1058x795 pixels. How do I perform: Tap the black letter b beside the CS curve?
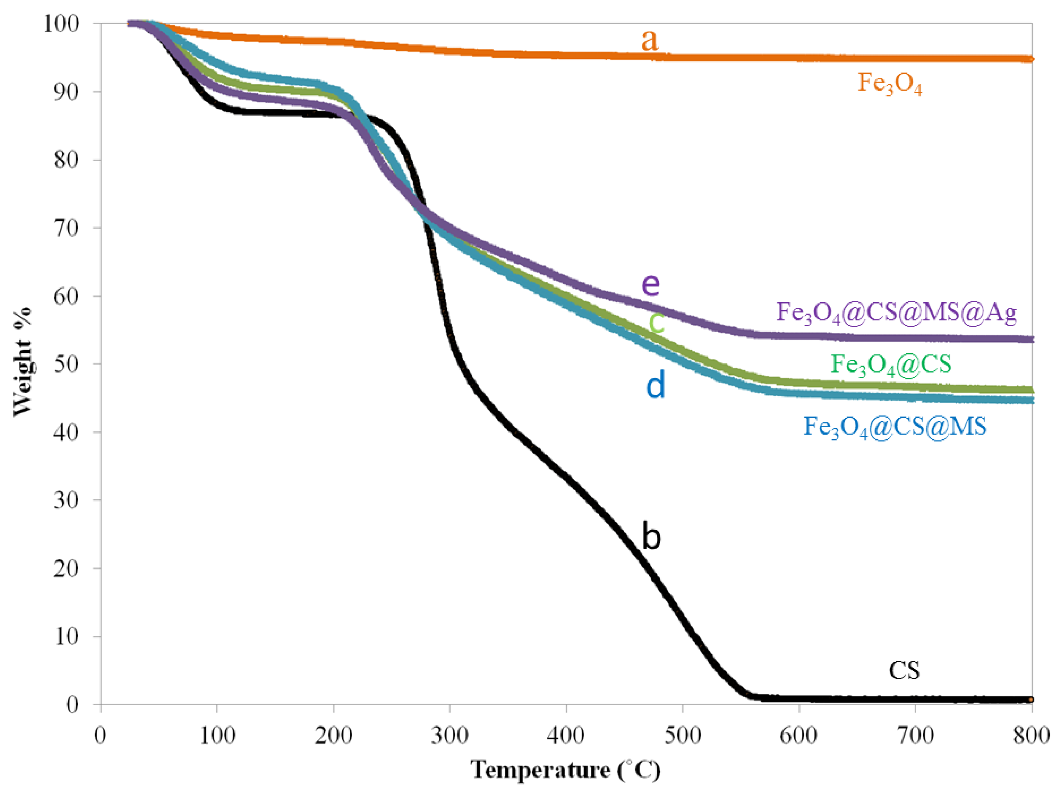tap(651, 536)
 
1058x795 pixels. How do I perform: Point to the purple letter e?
tap(650, 285)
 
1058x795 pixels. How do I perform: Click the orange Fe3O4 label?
tap(890, 84)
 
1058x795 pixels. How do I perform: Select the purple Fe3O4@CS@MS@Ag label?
tap(896, 313)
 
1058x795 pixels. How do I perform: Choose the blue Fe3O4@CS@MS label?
tap(894, 426)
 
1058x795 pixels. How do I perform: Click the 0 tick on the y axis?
tap(73, 705)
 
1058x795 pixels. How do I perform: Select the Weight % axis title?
tap(22, 362)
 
